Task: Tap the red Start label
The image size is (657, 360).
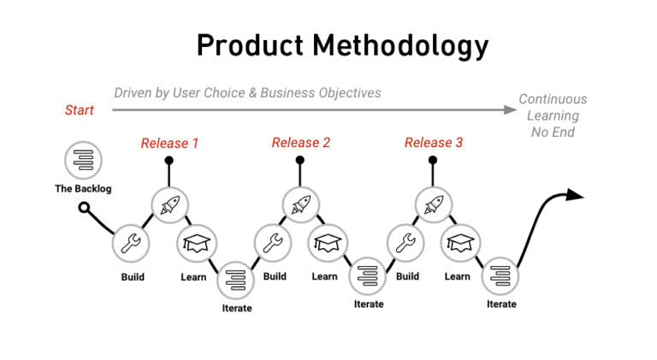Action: pyautogui.click(x=80, y=110)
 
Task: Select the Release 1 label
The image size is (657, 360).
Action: pyautogui.click(x=169, y=143)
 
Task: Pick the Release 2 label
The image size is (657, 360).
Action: pyautogui.click(x=301, y=143)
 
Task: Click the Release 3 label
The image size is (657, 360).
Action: pyautogui.click(x=434, y=143)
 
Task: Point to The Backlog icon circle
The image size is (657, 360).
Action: pyautogui.click(x=83, y=159)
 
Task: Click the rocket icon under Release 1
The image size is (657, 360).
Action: pyautogui.click(x=169, y=204)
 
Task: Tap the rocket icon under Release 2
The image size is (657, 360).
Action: pyautogui.click(x=300, y=204)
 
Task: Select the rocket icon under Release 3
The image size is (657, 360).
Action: pyautogui.click(x=433, y=204)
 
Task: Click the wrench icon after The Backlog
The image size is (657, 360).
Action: pyautogui.click(x=132, y=243)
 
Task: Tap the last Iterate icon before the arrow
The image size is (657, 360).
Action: pyautogui.click(x=500, y=275)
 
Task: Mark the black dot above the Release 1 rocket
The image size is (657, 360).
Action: pyautogui.click(x=169, y=160)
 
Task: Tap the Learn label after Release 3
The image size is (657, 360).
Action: pyautogui.click(x=458, y=276)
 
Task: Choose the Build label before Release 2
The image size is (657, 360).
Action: pyautogui.click(x=275, y=276)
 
